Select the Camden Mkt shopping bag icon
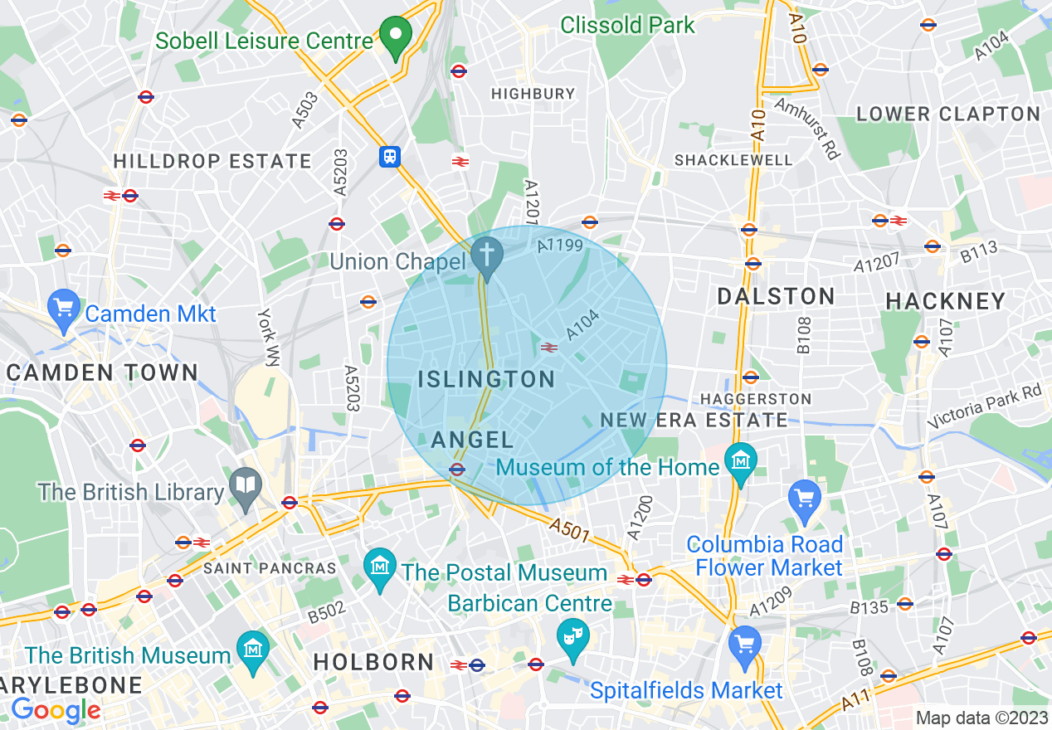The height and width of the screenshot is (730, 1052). coord(64,308)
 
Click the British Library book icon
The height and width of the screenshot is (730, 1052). coord(246,487)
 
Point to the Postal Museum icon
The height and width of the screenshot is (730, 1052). coord(380,568)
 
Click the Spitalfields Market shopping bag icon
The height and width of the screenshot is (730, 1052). coord(744,645)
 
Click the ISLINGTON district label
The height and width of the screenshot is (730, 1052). coord(486,380)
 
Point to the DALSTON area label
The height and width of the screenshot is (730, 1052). coord(776,296)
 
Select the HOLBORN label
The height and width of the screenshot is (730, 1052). coord(373,662)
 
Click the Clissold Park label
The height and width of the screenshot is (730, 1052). coord(627,25)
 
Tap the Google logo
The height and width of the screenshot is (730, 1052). coord(56,710)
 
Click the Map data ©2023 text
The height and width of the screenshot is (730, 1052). coord(981,718)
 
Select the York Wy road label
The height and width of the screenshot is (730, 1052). coord(268,338)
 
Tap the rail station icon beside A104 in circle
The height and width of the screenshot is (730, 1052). coord(548,348)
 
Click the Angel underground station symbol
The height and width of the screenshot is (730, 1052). coord(456,470)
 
